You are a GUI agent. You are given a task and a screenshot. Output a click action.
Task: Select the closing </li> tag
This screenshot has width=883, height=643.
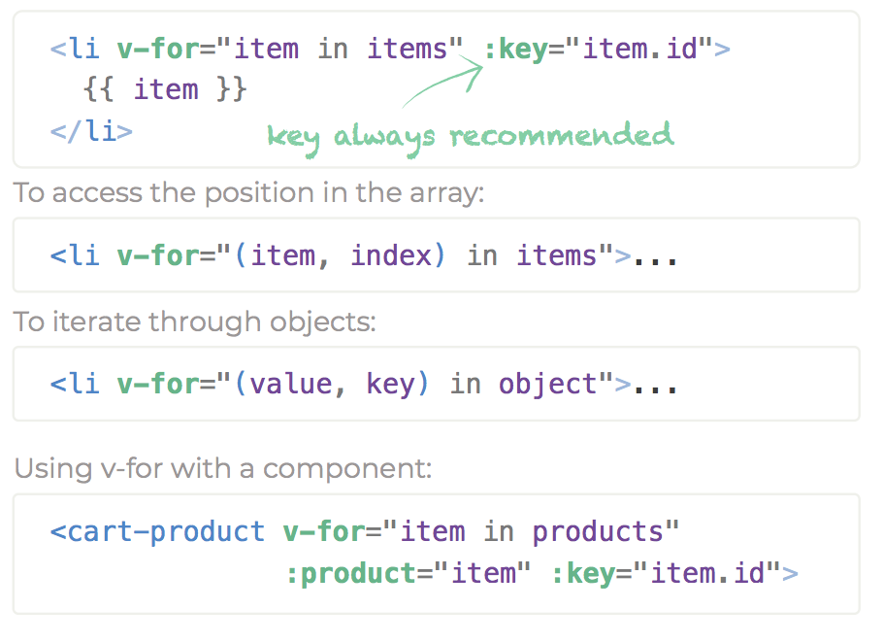pos(91,130)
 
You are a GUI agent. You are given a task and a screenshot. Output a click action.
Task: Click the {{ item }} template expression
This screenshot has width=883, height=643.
pos(165,89)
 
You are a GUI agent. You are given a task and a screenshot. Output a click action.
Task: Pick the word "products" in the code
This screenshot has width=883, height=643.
pos(597,531)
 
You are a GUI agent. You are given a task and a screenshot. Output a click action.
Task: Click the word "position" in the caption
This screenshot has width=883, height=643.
pos(258,192)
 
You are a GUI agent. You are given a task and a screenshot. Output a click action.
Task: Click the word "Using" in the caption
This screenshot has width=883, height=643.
pos(48,469)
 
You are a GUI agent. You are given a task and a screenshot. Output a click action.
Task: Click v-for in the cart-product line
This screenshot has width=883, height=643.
pos(325,531)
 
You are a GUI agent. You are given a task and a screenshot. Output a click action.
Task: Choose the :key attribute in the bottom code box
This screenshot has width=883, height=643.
pos(584,573)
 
